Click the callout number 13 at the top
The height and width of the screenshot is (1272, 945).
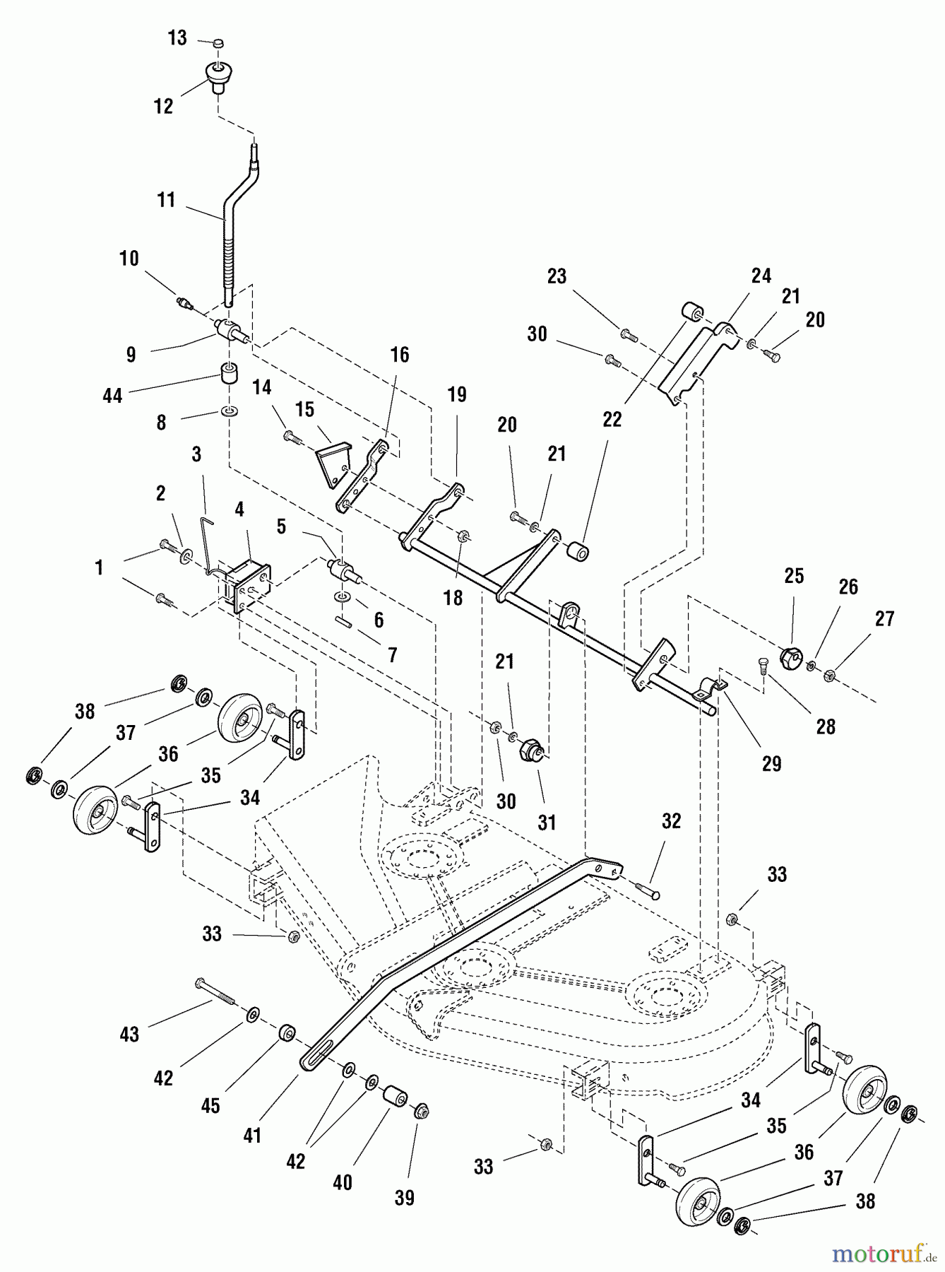(x=177, y=38)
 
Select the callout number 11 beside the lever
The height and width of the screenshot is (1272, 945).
(x=166, y=201)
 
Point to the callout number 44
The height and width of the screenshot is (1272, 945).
(x=112, y=396)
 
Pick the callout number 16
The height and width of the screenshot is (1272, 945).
(x=400, y=355)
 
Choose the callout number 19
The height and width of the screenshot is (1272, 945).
(x=457, y=395)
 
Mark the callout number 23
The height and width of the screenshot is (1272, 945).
(x=557, y=276)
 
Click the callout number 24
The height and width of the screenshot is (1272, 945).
(x=761, y=276)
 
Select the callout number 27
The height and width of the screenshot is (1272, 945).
(x=885, y=619)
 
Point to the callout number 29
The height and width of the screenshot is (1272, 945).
(x=771, y=763)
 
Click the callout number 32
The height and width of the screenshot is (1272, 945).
(x=672, y=821)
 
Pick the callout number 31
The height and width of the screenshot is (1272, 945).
(x=547, y=823)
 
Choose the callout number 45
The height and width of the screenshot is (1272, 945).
(x=210, y=1106)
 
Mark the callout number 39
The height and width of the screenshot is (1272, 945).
(x=404, y=1198)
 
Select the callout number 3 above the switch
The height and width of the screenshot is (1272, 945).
(x=196, y=454)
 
